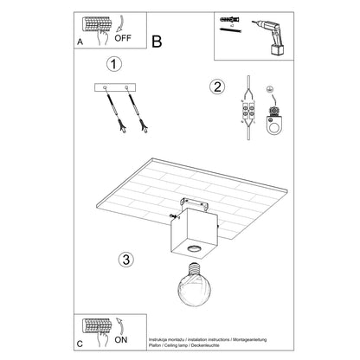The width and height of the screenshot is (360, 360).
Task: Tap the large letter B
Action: [x=157, y=40]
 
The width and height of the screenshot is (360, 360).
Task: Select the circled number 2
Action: [x=216, y=86]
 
